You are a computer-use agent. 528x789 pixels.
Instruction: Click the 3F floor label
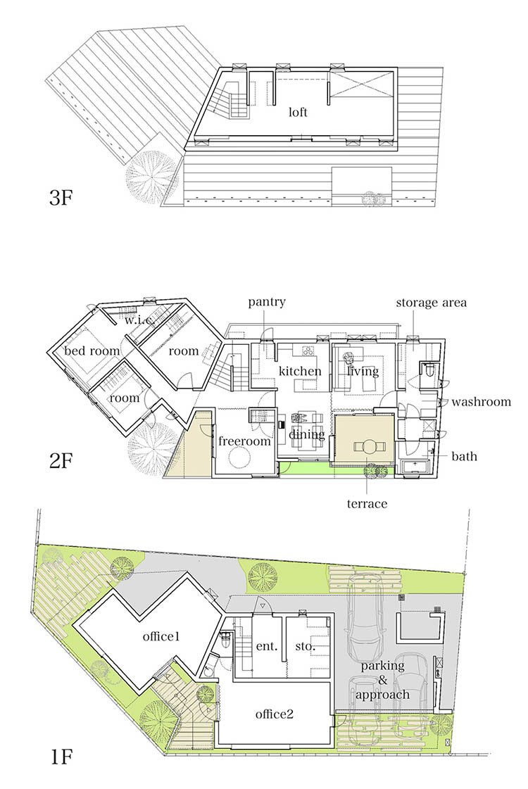point(61,198)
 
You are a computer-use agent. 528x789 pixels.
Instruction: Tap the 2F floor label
point(61,460)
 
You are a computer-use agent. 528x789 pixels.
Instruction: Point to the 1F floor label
point(61,757)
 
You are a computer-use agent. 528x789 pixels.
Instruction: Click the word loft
point(298,112)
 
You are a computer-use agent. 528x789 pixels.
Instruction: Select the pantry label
point(267,302)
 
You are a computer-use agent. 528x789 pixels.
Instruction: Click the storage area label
point(432,303)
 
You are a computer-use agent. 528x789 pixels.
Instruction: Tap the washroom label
point(482,402)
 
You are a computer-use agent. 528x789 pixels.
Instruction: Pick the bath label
point(464,456)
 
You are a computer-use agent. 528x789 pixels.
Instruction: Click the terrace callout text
point(367,503)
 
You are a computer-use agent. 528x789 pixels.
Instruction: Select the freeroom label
point(244,441)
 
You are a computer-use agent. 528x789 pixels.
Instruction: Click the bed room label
point(92,351)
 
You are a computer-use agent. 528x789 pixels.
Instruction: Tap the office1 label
point(161,636)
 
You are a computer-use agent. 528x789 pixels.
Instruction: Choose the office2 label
point(275,714)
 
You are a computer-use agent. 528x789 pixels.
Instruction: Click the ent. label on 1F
point(267,646)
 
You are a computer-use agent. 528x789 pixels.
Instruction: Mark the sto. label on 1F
point(305,646)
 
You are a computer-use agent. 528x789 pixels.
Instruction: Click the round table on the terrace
point(369,447)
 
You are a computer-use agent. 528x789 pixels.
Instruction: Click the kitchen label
point(300,372)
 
